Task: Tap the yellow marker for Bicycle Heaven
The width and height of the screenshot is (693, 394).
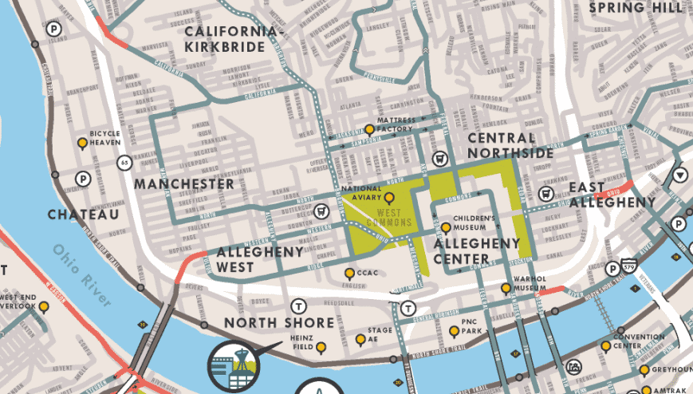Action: [x=81, y=144]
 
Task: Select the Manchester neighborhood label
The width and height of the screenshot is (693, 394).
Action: [x=184, y=184]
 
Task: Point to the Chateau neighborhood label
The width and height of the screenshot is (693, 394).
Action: [x=83, y=215]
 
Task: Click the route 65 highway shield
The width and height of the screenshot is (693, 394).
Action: [x=124, y=163]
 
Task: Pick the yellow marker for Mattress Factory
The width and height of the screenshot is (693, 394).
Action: [x=370, y=130]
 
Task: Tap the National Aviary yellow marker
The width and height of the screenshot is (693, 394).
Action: [x=389, y=198]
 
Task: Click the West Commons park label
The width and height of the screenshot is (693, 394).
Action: [x=388, y=218]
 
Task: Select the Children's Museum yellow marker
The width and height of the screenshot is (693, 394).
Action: [x=446, y=228]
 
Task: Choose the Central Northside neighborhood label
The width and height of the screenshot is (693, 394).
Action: [x=510, y=145]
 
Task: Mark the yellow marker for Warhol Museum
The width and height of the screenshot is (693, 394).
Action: [x=505, y=288]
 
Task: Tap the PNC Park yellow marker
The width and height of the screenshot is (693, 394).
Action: [x=454, y=331]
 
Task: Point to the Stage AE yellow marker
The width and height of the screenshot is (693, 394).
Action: [x=360, y=340]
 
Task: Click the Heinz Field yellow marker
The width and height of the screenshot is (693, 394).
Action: [x=321, y=348]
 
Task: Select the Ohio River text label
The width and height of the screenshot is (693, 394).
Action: [x=82, y=274]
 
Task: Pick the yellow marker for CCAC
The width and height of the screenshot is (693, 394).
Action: [x=348, y=274]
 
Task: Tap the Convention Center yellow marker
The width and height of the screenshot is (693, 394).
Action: [x=606, y=345]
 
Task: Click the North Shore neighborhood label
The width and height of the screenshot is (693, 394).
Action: [x=279, y=322]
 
